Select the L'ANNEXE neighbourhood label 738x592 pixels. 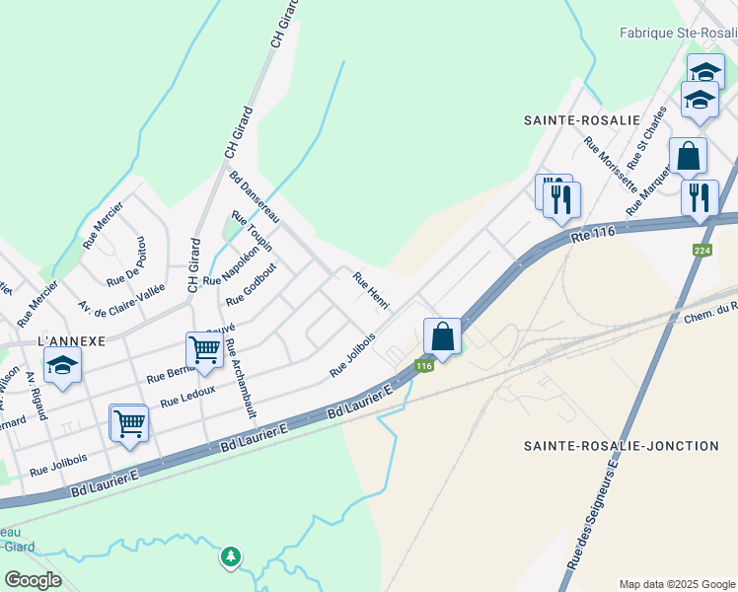pyautogui.click(x=70, y=340)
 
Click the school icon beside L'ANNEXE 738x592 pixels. pyautogui.click(x=62, y=366)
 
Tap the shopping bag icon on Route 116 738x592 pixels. pyautogui.click(x=443, y=336)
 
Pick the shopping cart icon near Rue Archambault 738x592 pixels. pyautogui.click(x=204, y=349)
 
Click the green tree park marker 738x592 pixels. pyautogui.click(x=230, y=557)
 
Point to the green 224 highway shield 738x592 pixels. pyautogui.click(x=702, y=251)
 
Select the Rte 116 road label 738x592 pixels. pyautogui.click(x=593, y=233)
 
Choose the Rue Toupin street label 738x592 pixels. pyautogui.click(x=252, y=231)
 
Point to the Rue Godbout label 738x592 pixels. pyautogui.click(x=252, y=285)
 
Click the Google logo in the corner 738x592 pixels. pyautogui.click(x=33, y=580)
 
